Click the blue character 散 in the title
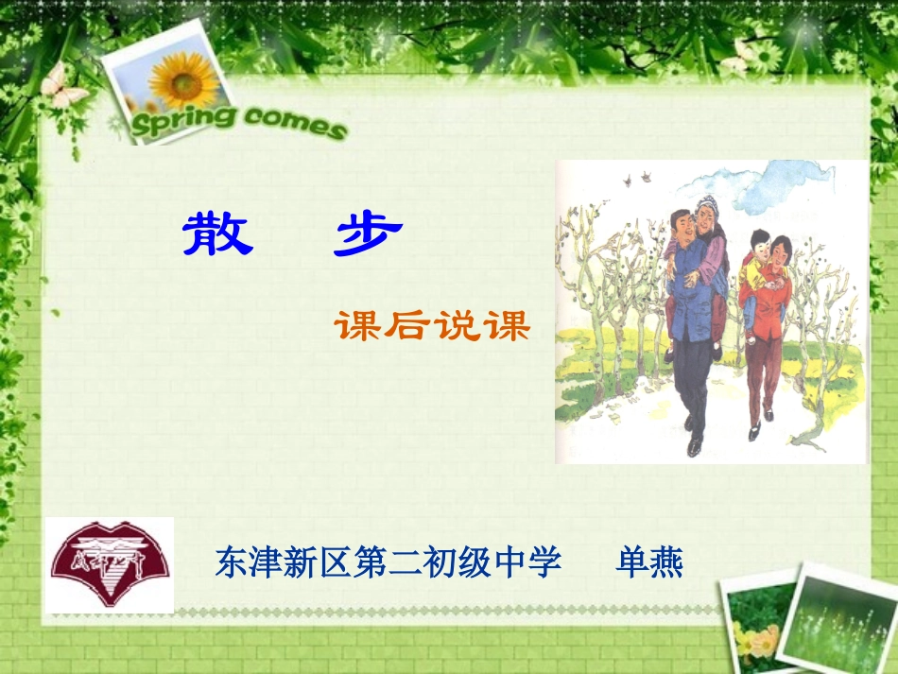[218, 233]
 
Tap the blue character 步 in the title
[368, 233]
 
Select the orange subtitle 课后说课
[432, 325]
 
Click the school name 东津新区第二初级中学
[389, 562]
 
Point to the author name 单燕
[649, 562]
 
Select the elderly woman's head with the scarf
[706, 210]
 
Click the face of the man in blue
[682, 227]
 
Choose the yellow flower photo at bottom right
[751, 629]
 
